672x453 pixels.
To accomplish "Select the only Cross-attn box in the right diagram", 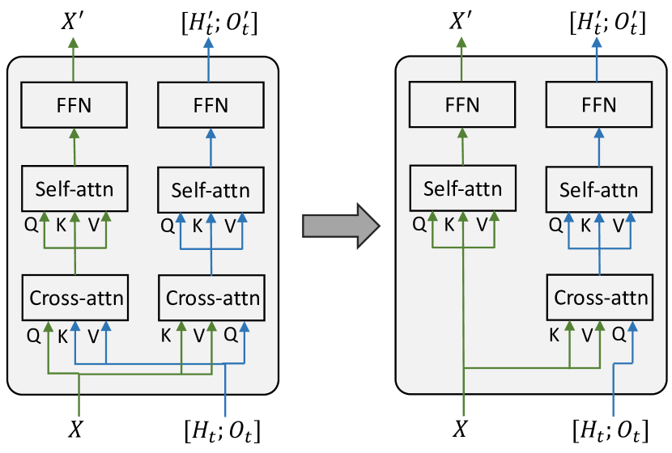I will [601, 297].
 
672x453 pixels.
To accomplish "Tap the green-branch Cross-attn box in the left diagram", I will [77, 297].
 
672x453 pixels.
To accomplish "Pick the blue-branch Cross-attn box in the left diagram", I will [213, 297].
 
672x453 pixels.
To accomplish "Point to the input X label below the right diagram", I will [463, 428].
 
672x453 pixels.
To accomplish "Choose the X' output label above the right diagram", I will [463, 22].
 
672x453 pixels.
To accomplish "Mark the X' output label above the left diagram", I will [76, 22].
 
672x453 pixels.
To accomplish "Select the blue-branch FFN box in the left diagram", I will [211, 104].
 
